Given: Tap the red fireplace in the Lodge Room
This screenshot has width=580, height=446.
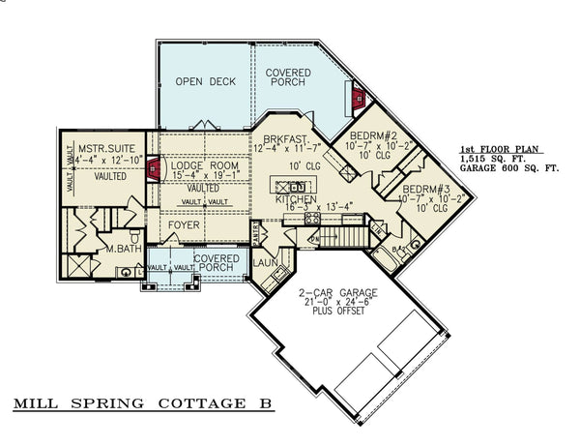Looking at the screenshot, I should point(152,174).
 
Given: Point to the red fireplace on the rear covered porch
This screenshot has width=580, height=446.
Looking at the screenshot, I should point(358,98).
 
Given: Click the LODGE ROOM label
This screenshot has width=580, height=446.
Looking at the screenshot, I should point(204,166).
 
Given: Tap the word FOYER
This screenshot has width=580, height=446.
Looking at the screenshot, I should point(184,224).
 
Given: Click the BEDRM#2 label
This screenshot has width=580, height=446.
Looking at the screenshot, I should point(369,134).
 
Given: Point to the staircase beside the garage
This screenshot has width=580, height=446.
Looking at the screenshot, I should point(346,235).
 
